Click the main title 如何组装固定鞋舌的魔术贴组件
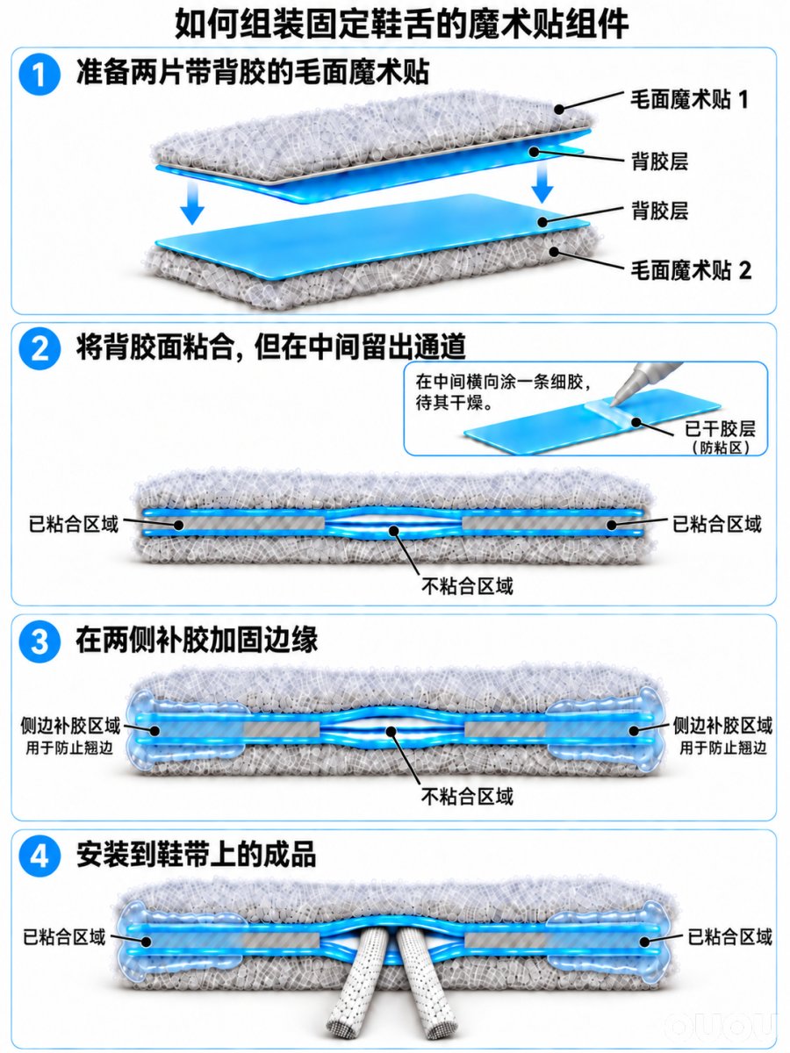(x=402, y=23)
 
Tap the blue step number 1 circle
(x=39, y=75)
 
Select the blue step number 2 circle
(x=39, y=348)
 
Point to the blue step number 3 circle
(x=39, y=642)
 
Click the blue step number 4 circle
(x=39, y=856)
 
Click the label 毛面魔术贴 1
(x=689, y=100)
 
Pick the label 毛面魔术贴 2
(x=690, y=270)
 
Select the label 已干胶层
(x=720, y=428)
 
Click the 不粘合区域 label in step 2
(x=468, y=586)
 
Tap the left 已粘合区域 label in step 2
(x=74, y=523)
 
